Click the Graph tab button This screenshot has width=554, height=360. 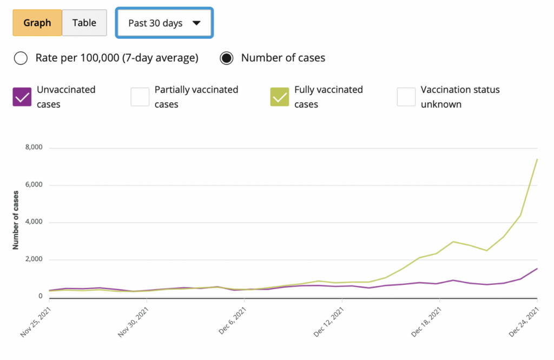[37, 23]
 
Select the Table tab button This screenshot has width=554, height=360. [84, 23]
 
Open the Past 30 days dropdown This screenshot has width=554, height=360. [164, 23]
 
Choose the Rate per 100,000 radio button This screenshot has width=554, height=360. [21, 58]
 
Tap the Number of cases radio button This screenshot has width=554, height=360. [227, 58]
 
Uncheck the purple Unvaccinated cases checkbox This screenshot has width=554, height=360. [22, 97]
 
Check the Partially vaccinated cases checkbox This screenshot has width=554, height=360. [140, 97]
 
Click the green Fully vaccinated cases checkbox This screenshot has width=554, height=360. [280, 97]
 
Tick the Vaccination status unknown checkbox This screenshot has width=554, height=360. [406, 97]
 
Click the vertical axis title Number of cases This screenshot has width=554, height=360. [16, 220]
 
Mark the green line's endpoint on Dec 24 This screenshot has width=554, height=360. [537, 159]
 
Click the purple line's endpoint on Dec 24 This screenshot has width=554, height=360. [537, 269]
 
